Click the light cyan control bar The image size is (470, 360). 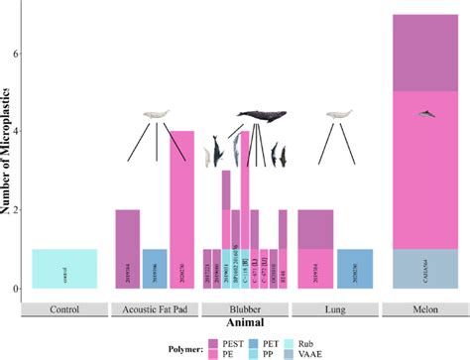click(x=64, y=268)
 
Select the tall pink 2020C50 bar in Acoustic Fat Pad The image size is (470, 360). click(x=181, y=208)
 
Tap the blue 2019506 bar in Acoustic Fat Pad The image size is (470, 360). click(x=155, y=268)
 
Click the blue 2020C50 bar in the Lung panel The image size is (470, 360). click(x=355, y=268)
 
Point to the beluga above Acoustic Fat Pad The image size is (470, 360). click(x=156, y=116)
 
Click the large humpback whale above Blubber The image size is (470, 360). click(x=261, y=116)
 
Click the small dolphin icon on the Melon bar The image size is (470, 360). click(x=424, y=114)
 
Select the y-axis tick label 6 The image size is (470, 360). click(x=17, y=54)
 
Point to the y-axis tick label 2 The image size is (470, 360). click(x=17, y=210)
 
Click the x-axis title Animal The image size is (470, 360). click(x=244, y=321)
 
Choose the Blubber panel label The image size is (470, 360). click(x=245, y=307)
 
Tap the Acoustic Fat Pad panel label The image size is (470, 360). click(x=155, y=307)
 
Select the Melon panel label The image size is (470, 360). click(x=424, y=307)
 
